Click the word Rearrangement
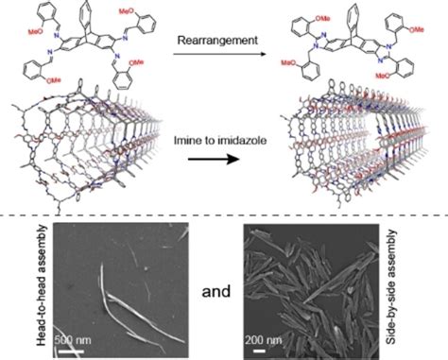pyautogui.click(x=221, y=39)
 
